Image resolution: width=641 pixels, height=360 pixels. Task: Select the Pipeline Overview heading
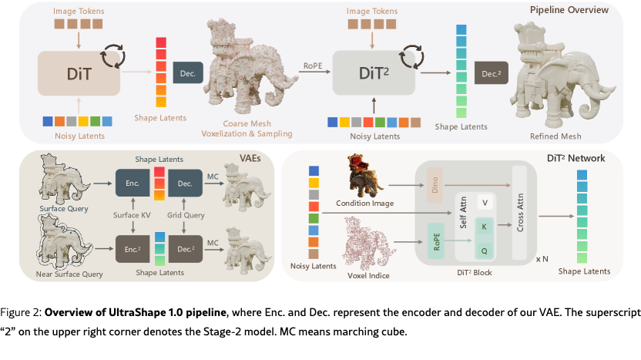click(569, 10)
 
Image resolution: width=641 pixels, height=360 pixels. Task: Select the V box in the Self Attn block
click(485, 204)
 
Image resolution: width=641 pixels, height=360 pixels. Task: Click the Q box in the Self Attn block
click(485, 249)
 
